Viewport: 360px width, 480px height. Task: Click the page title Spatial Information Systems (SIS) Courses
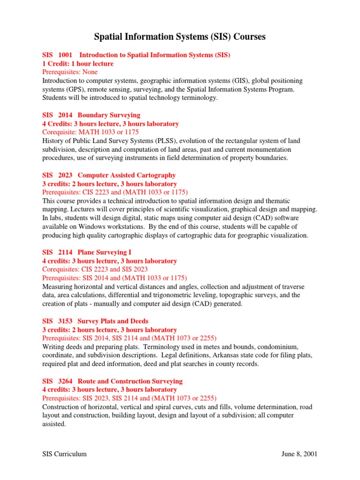pos(180,37)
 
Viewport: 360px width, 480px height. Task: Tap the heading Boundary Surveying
pos(109,115)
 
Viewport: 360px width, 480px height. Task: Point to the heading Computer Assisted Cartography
pos(127,175)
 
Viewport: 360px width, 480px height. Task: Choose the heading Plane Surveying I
pos(101,252)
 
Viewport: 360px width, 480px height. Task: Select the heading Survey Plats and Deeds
pos(112,321)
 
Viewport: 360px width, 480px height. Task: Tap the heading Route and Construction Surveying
pos(130,381)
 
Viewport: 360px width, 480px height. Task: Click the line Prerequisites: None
pos(68,72)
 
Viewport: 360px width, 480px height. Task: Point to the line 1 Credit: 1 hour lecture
pos(78,64)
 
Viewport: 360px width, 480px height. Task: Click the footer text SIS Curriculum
pos(64,454)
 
